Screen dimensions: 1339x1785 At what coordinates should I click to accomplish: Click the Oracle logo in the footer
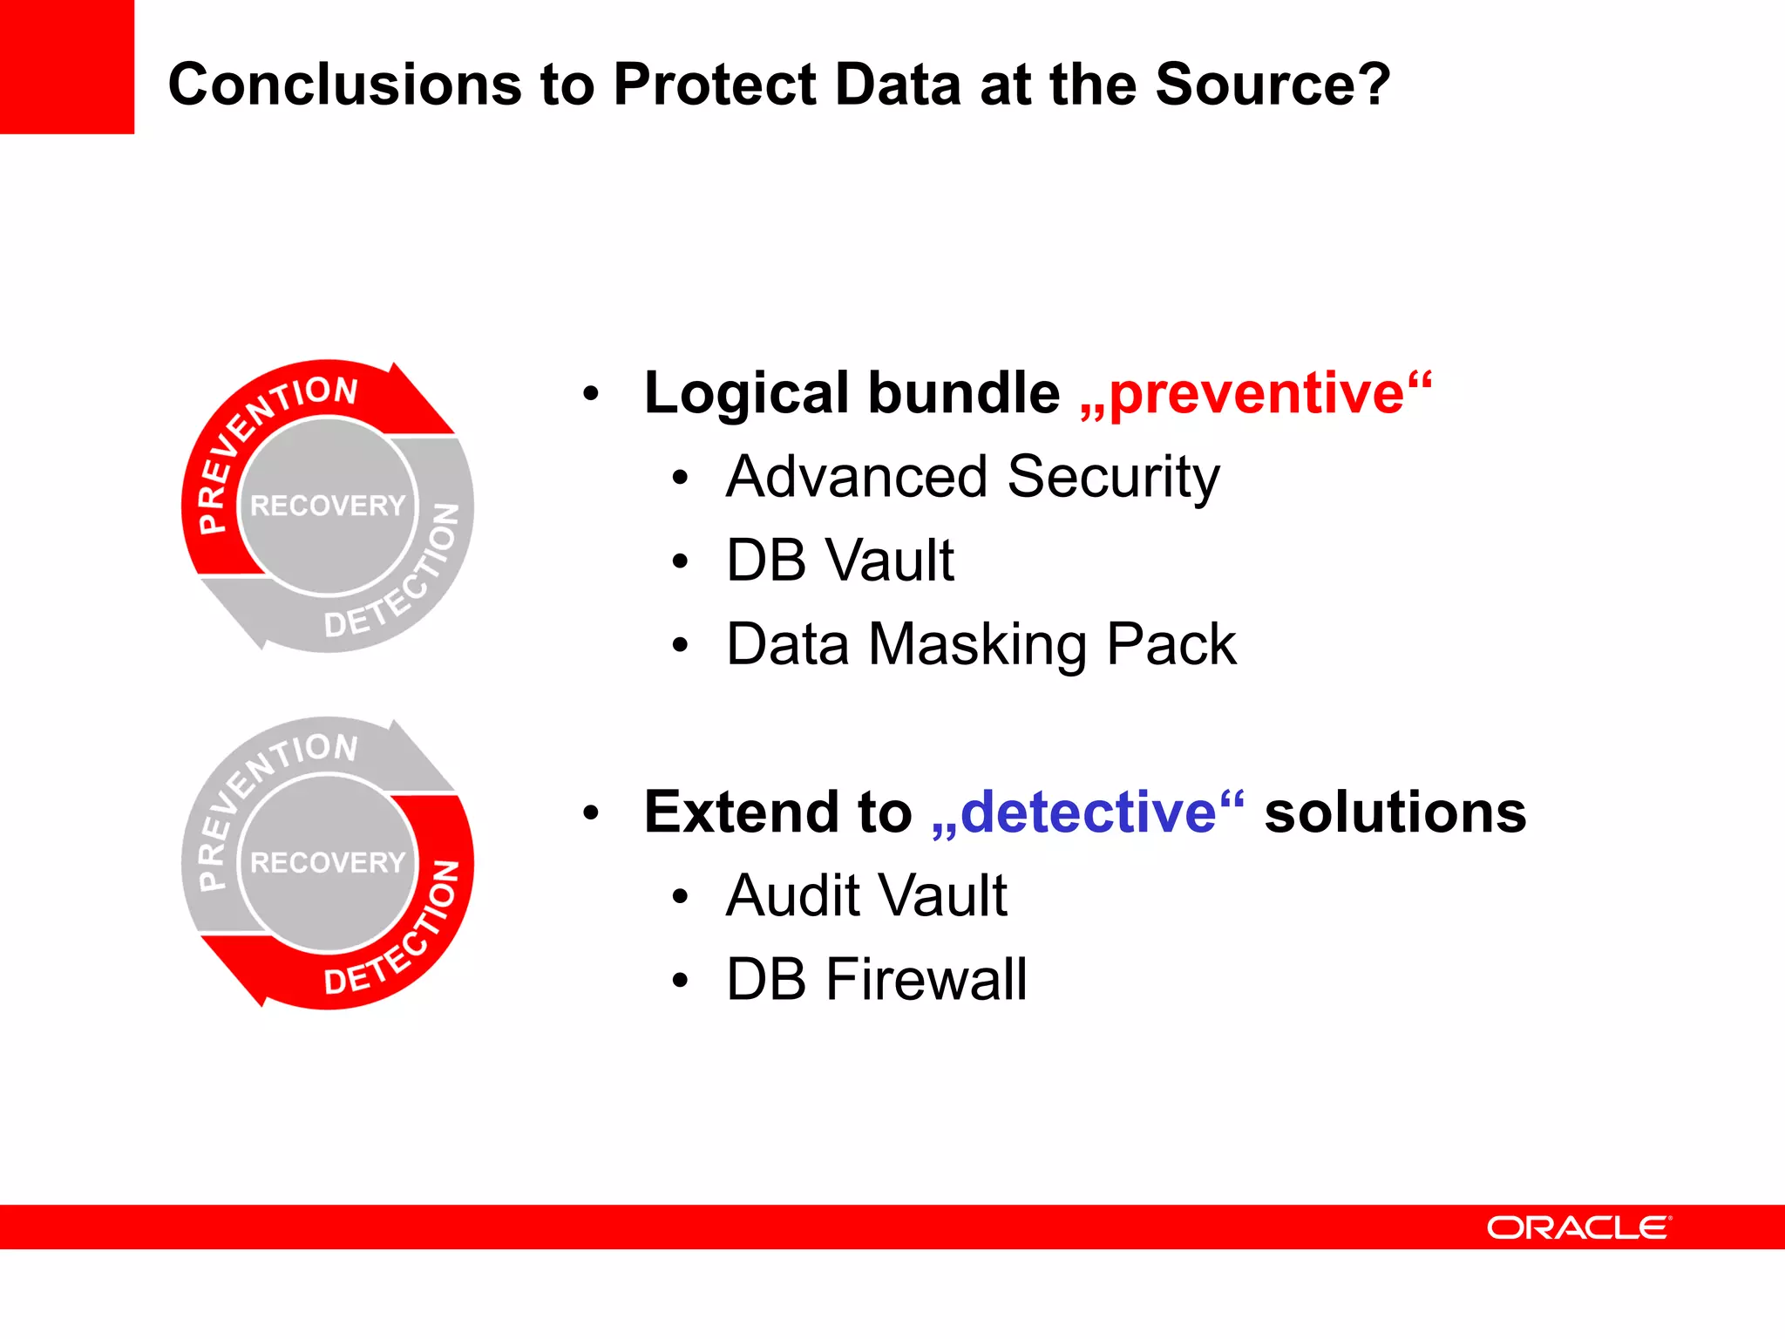coord(1578,1227)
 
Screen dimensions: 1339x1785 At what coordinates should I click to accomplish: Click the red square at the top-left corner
coord(66,66)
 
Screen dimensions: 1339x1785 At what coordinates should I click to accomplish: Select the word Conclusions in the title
coord(345,85)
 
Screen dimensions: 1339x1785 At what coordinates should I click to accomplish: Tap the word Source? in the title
coord(1273,85)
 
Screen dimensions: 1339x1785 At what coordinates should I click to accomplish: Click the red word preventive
coord(1256,394)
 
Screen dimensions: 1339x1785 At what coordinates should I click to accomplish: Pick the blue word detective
coord(1088,812)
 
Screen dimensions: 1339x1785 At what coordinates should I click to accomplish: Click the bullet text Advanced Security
coord(972,478)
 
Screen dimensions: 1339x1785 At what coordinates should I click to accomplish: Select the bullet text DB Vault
coord(839,560)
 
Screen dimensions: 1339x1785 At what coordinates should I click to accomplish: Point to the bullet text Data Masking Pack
coord(981,645)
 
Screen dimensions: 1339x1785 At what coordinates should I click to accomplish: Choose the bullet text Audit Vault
coord(866,896)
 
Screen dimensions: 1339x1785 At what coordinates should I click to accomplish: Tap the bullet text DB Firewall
coord(876,980)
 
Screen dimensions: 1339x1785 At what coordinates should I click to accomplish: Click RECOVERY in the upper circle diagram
coord(328,506)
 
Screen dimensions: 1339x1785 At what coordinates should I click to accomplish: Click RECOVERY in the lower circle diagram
coord(328,863)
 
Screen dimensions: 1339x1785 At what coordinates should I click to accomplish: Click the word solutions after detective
coord(1395,812)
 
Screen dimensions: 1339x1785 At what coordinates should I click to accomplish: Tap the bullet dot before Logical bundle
coord(591,394)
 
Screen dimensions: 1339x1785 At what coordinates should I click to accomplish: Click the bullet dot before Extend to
coord(591,813)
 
